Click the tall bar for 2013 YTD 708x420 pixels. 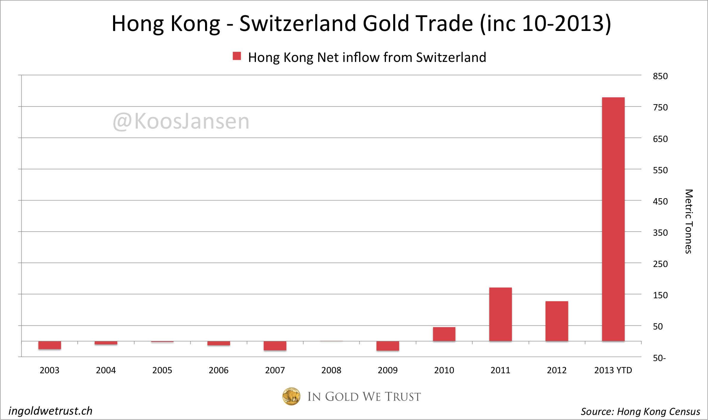coord(613,219)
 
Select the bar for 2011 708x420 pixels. coord(500,314)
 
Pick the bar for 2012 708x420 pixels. coord(557,321)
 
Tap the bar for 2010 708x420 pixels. coord(444,334)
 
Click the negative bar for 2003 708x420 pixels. coord(50,345)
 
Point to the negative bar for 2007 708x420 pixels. coord(275,346)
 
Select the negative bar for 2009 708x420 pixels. coord(387,346)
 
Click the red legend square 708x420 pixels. coord(237,56)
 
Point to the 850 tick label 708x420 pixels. coord(660,76)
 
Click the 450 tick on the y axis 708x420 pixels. coord(660,202)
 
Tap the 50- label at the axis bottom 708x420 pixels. coord(659,358)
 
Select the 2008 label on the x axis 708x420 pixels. coord(331,370)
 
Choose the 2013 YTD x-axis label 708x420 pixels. coord(613,370)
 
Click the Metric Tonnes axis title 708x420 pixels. coord(689,221)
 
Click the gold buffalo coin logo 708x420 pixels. coord(291,396)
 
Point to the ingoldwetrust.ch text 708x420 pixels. coord(51,411)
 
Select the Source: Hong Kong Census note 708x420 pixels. coord(640,411)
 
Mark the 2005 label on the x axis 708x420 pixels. coord(162,370)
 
